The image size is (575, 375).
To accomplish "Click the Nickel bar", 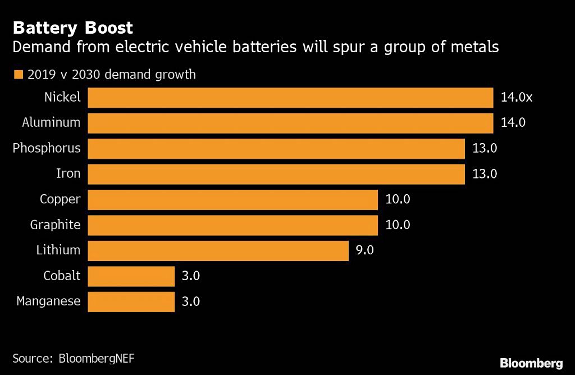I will click(290, 97).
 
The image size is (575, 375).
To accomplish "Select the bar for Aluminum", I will click(290, 122).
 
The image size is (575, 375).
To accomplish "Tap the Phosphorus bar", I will click(276, 148).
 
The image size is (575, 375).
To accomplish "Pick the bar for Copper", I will click(232, 199).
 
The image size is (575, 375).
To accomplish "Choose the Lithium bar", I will click(218, 250).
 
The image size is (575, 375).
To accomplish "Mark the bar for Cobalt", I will click(131, 276).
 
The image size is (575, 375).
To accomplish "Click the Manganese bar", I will click(131, 301).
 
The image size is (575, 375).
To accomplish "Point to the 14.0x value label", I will click(516, 97).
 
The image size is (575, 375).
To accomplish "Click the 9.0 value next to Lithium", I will click(364, 250).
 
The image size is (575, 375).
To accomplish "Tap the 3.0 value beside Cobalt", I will click(191, 276).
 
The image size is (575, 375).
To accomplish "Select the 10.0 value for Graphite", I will click(398, 225).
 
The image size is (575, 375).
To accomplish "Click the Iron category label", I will click(69, 173).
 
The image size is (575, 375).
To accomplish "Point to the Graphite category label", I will click(55, 225).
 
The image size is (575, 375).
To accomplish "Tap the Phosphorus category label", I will click(47, 148).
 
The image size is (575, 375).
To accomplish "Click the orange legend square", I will click(18, 74).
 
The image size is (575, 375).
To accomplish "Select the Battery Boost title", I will click(73, 28).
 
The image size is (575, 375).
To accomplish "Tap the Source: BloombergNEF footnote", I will click(74, 358).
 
